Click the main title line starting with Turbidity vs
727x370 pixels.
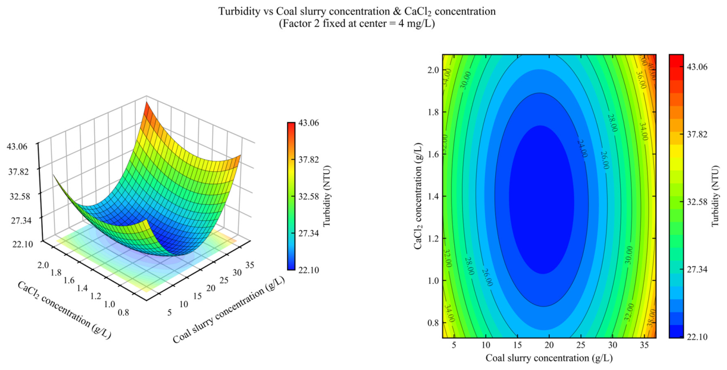tap(357, 11)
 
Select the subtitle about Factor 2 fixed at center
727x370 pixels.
tap(357, 24)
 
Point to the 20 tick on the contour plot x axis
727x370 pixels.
tap(549, 345)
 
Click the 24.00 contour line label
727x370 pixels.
tap(582, 148)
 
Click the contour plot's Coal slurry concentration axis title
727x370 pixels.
tap(549, 358)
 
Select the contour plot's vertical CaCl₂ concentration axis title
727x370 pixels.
tap(418, 196)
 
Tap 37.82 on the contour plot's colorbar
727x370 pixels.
tap(697, 134)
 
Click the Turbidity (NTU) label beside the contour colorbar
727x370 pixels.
tap(716, 196)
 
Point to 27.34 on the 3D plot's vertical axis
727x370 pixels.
tap(22, 220)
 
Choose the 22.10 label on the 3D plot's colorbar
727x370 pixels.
tap(309, 270)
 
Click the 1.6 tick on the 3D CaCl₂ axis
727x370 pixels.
tap(69, 280)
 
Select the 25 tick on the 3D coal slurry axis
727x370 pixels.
tap(224, 280)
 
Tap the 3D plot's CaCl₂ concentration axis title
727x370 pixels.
tap(64, 310)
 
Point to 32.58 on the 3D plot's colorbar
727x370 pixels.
tap(309, 196)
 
